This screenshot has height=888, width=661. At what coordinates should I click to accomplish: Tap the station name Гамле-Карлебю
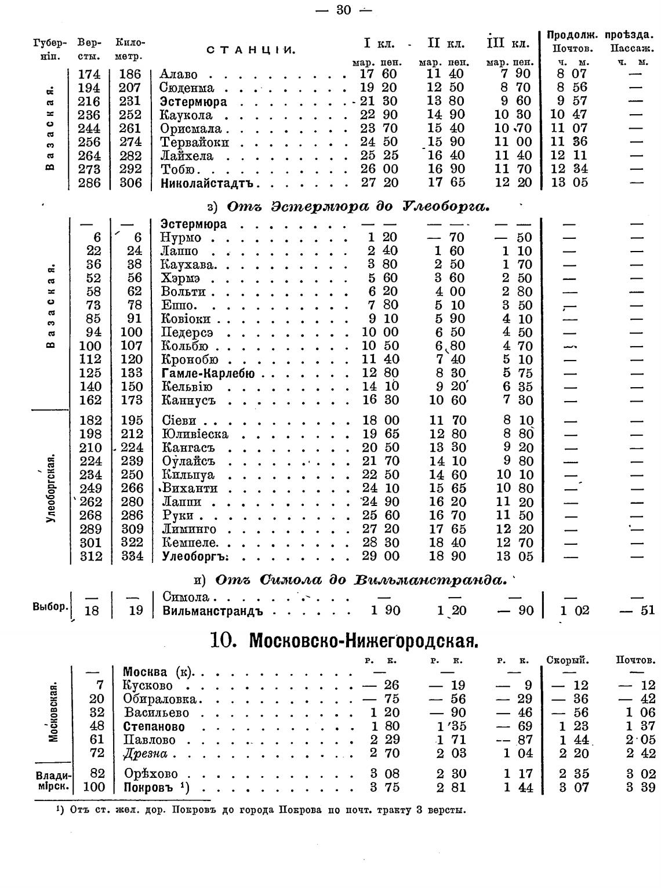point(208,373)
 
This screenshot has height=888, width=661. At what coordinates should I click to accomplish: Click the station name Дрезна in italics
point(146,754)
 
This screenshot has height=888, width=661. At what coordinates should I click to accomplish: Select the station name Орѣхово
point(151,774)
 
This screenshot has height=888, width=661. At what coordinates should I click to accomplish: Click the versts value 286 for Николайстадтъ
point(89,183)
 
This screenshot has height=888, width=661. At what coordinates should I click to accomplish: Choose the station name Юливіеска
point(195,434)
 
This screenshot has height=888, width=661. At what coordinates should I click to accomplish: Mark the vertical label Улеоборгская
point(50,488)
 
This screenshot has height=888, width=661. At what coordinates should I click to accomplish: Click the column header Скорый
point(568,660)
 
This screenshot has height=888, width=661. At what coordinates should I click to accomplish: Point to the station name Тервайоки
point(194,143)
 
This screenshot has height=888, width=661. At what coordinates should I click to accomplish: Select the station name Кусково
point(148,686)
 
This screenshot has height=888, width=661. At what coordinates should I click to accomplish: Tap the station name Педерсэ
point(187,333)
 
